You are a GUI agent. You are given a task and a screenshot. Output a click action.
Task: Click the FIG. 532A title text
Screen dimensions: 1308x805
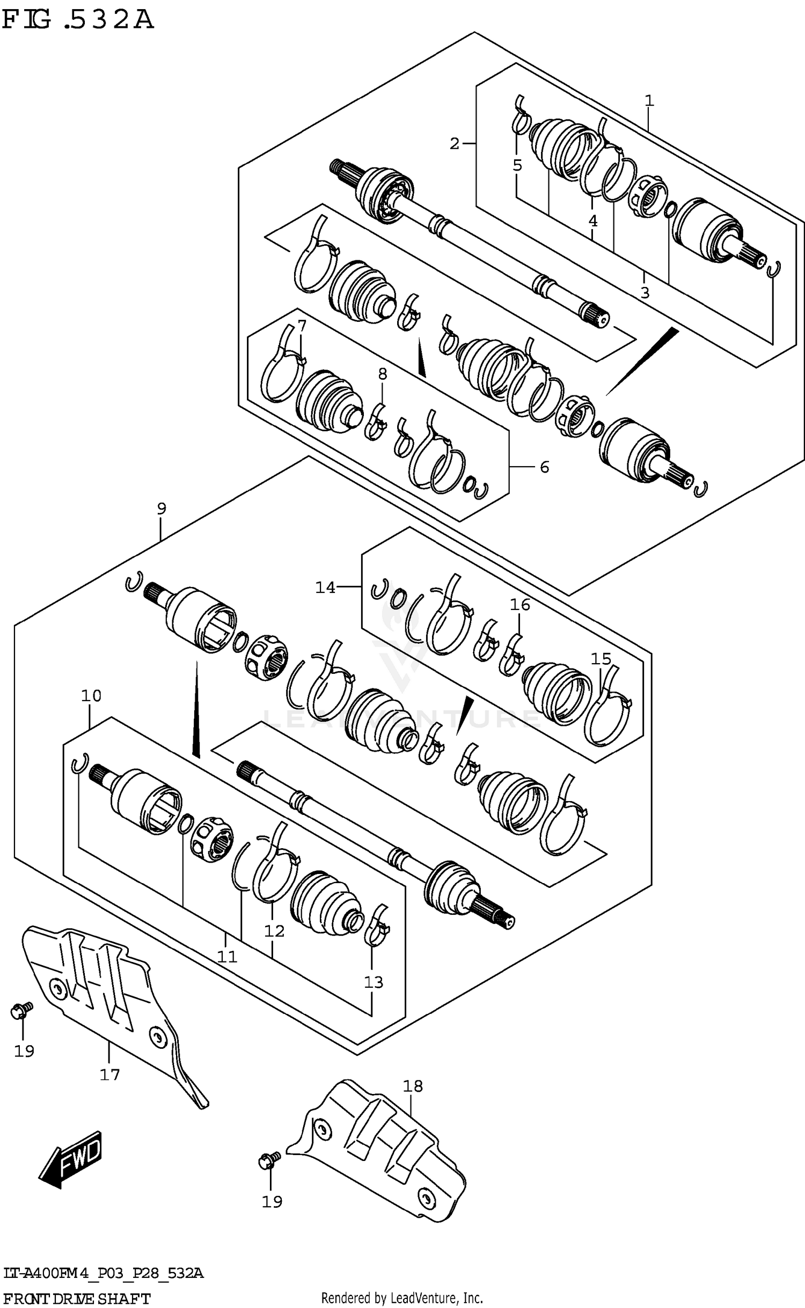[x=78, y=20]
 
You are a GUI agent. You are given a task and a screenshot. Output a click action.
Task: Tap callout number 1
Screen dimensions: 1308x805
[x=649, y=100]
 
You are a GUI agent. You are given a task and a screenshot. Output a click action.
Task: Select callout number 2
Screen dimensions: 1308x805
[x=455, y=144]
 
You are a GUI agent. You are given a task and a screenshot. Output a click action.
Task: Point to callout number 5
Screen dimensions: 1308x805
[x=517, y=165]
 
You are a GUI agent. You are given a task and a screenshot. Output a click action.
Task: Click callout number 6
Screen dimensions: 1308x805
[x=544, y=467]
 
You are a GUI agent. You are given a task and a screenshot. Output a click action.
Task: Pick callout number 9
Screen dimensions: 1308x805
[x=162, y=508]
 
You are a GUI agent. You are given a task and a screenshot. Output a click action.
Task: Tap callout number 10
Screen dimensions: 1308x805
[x=91, y=696]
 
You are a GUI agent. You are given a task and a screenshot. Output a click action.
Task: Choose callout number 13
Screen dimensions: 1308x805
[x=374, y=982]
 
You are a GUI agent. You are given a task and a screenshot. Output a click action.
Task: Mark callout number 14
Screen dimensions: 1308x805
[x=325, y=587]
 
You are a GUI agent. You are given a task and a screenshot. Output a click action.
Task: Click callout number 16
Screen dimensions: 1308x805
[x=519, y=605]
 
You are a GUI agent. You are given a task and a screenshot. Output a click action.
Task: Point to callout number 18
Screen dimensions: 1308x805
[x=413, y=1086]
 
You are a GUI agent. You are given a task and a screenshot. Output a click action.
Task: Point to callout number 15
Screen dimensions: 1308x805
[x=601, y=658]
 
